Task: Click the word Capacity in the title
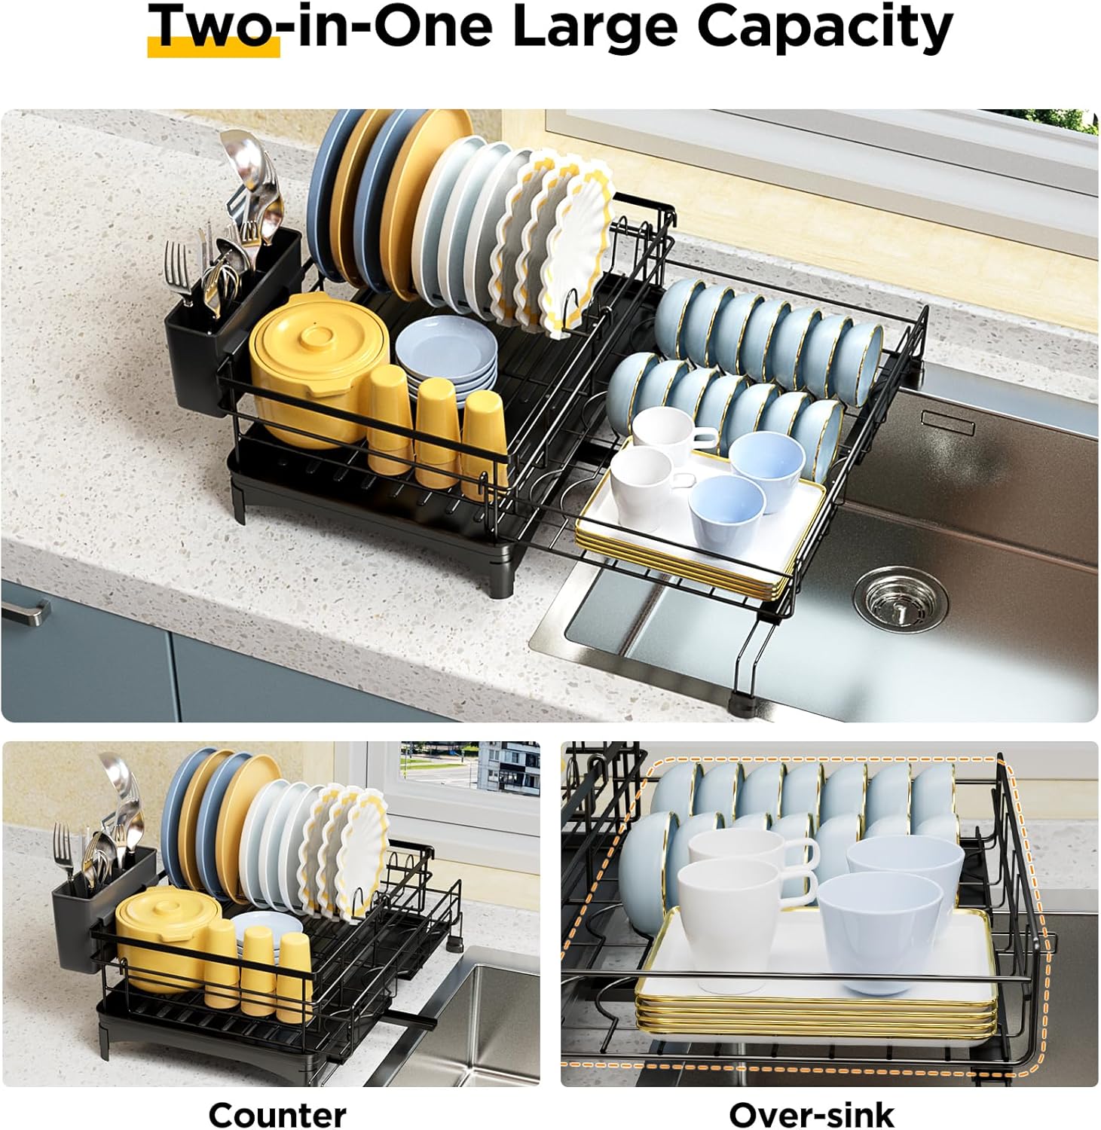pos(824,27)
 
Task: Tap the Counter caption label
pos(277,1113)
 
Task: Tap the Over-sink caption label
pos(812,1113)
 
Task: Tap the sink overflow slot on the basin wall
pos(947,423)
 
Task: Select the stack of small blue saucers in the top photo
pos(447,354)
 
